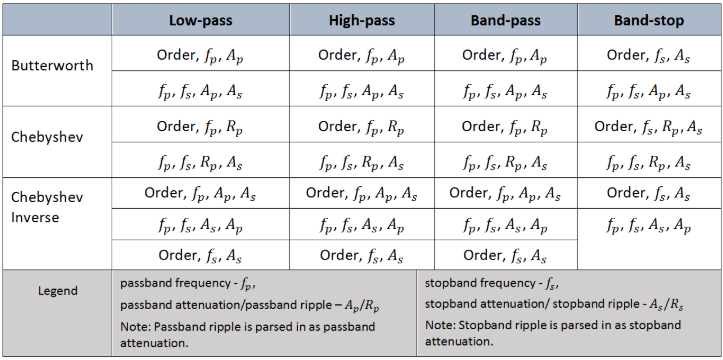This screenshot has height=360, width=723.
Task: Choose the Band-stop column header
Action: pos(649,20)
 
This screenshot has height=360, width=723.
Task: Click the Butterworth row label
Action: pos(52,66)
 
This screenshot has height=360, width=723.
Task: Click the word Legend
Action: pos(58,291)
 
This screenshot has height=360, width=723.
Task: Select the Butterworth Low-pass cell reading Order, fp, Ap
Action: pos(198,54)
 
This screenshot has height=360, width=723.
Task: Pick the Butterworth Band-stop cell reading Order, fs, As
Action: pos(649,54)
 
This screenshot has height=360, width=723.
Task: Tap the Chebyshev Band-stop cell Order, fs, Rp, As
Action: pos(649,126)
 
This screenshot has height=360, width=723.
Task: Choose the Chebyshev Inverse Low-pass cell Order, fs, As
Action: pos(198,256)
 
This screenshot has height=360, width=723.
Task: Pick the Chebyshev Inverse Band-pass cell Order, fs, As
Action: pos(505,256)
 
